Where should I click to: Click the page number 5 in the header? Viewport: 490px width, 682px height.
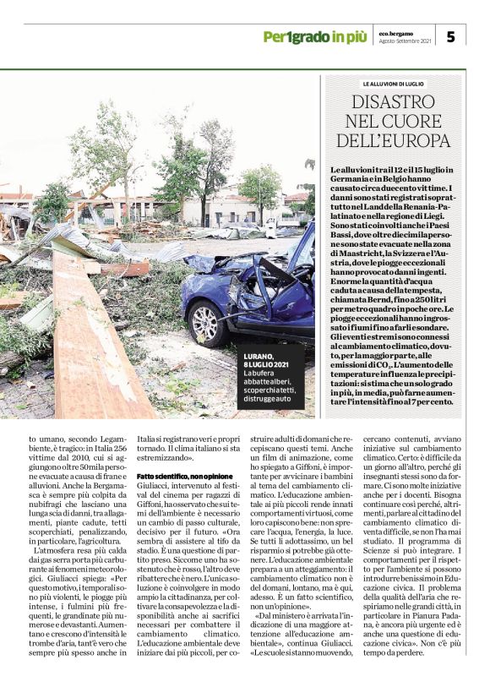[x=450, y=36]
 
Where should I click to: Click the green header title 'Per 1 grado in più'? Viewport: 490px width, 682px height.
[x=314, y=36]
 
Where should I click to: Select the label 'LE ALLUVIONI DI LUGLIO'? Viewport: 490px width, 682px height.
[x=393, y=85]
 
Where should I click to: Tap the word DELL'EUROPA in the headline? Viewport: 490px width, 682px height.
[x=393, y=141]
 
